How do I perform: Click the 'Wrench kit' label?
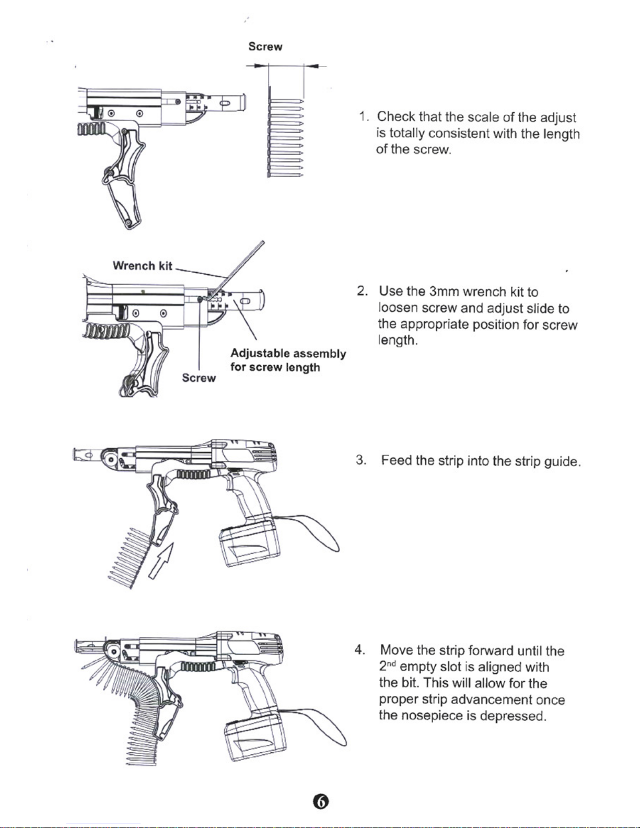click(x=142, y=266)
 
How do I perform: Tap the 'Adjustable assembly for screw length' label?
click(x=288, y=360)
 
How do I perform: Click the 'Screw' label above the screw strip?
click(x=265, y=46)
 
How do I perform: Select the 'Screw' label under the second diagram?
click(x=199, y=378)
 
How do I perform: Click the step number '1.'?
click(x=365, y=116)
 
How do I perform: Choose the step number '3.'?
click(x=360, y=460)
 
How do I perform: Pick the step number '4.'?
click(x=360, y=650)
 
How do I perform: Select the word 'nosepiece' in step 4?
click(x=432, y=716)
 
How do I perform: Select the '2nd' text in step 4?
click(x=387, y=667)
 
